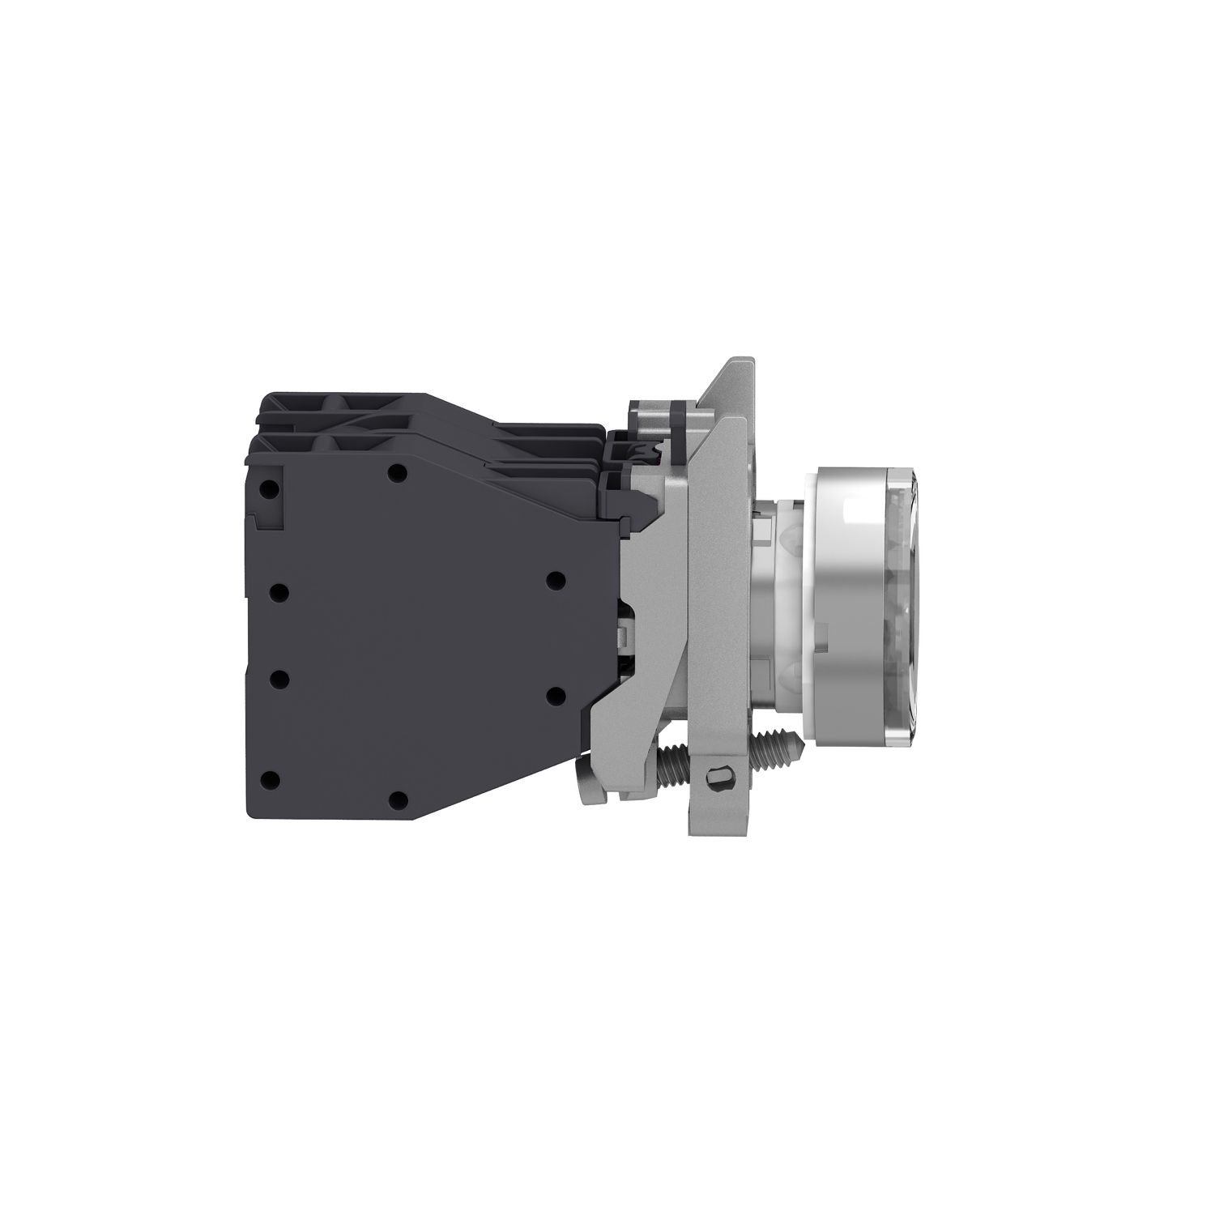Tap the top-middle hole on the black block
tap(395, 472)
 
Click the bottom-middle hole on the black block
tap(397, 799)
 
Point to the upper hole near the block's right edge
tap(555, 579)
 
